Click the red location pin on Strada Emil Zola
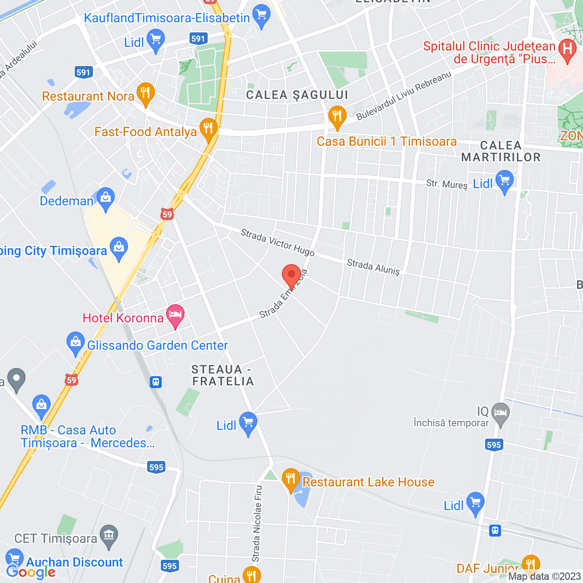coord(291,276)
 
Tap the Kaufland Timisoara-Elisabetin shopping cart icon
coord(261,15)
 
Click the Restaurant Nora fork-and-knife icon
coord(145,93)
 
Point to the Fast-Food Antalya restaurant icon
coord(208,129)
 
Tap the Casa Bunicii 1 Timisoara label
coord(387,142)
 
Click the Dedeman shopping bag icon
coord(106,198)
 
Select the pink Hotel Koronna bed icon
coord(175,315)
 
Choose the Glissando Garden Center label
coord(157,346)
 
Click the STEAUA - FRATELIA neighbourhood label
coord(222,375)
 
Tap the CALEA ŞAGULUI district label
coord(297,95)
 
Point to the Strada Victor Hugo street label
coord(277,243)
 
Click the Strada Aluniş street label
coord(373,267)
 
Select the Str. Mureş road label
coord(447,184)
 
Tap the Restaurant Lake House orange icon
coord(291,479)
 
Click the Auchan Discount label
coord(75,563)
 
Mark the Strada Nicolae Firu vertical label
coord(257,524)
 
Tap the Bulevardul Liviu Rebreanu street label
coord(404,96)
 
